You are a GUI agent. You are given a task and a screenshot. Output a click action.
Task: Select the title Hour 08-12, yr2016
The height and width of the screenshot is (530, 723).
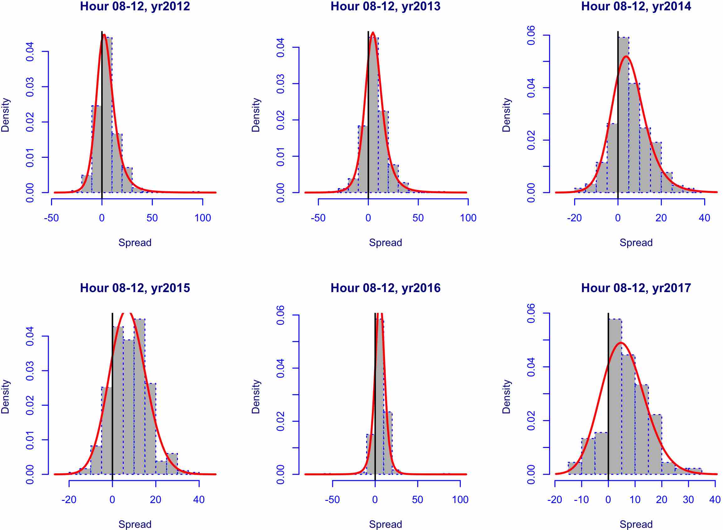[385, 288]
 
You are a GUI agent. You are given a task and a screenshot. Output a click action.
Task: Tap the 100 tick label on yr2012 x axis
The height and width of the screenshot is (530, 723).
[203, 218]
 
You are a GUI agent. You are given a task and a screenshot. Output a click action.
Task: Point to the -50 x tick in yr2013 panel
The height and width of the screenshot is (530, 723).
[318, 218]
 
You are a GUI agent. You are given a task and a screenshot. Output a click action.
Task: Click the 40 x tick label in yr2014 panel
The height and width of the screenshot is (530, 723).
[705, 218]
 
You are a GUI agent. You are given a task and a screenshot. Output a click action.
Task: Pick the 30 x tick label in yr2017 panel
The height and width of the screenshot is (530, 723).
[688, 500]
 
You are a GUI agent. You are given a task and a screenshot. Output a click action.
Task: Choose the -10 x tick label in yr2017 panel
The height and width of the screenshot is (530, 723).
[581, 500]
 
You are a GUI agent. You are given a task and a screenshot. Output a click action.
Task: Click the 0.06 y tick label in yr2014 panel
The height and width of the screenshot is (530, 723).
[531, 35]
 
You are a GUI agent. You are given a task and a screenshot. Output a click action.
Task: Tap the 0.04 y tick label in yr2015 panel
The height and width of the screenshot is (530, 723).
[30, 336]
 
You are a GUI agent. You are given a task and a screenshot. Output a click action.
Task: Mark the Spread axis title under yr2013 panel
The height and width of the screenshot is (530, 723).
[385, 243]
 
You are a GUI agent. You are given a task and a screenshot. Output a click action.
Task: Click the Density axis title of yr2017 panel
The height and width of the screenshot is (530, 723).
[506, 397]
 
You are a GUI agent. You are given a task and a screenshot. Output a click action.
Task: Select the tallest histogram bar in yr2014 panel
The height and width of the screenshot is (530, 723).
[623, 116]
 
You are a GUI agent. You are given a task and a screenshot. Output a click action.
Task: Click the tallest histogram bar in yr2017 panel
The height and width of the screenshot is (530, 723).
[615, 398]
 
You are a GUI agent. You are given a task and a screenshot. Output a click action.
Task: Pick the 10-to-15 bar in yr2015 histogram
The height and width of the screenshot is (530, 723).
[139, 398]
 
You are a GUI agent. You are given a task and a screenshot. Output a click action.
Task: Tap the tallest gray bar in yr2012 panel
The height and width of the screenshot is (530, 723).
[107, 116]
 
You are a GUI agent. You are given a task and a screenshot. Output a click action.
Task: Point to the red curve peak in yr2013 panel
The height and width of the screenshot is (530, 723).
[372, 33]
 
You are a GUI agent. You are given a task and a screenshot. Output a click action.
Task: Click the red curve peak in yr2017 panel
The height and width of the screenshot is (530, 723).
[621, 343]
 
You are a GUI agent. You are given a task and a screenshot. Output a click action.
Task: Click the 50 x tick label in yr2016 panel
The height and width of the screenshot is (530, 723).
[417, 500]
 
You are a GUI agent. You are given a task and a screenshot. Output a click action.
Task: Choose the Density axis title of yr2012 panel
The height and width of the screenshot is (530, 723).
[5, 115]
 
